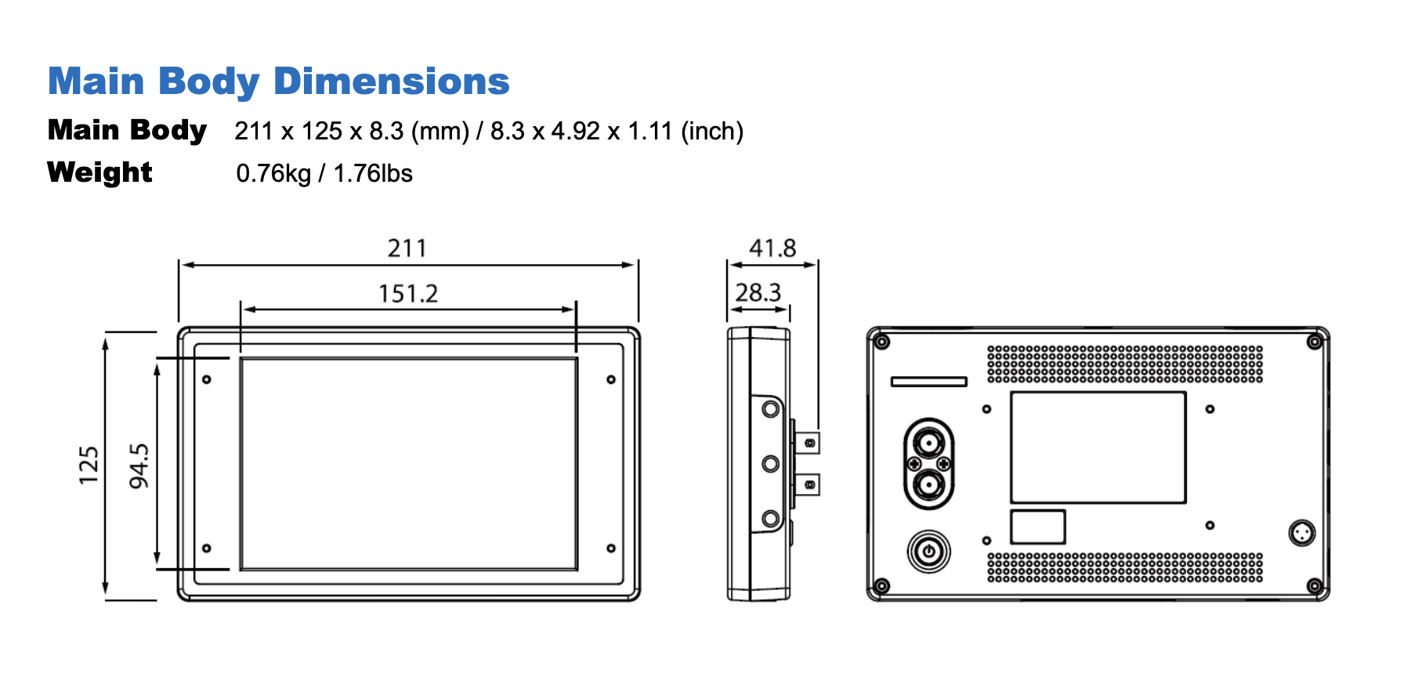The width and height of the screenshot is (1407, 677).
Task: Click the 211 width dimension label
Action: pos(407,248)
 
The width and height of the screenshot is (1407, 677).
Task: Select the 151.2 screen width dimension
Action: pos(408,294)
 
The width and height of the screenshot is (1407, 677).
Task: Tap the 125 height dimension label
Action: pos(89,465)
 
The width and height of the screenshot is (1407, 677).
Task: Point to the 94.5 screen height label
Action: pos(139,465)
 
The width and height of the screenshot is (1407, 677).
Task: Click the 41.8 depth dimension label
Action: pos(772,248)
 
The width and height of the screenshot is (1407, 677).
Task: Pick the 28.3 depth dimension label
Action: pos(758,293)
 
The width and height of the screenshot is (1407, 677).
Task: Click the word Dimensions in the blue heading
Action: pos(391,81)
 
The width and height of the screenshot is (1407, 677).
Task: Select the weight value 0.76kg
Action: pos(273,173)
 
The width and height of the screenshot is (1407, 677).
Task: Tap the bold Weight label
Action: pos(99,172)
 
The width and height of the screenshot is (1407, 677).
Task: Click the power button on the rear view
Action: pos(928,552)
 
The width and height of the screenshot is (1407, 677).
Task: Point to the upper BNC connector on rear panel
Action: pos(928,444)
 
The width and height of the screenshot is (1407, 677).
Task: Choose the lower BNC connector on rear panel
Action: pos(928,485)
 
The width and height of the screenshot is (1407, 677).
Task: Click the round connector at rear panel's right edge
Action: pos(1301,534)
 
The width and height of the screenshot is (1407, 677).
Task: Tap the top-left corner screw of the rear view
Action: pos(881,342)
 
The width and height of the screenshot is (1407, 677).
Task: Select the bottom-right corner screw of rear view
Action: pos(1315,586)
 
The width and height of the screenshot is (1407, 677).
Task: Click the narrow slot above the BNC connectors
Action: pos(928,382)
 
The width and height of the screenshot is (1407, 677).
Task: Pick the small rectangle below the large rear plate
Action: pos(1037,527)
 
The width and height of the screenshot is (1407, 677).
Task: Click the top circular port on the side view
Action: pos(771,409)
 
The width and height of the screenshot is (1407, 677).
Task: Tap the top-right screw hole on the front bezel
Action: pos(611,379)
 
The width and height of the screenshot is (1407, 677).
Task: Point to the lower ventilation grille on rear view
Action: pos(1124,567)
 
